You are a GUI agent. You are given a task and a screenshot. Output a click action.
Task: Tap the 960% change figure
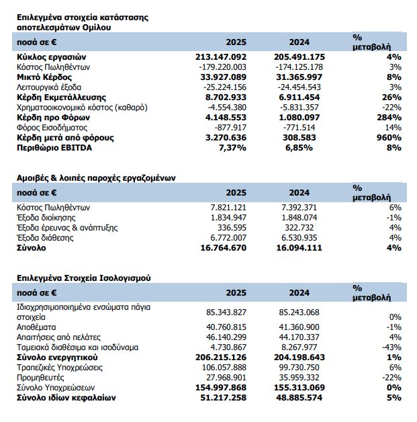pos(389,138)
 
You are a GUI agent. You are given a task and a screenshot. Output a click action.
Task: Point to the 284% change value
pos(389,118)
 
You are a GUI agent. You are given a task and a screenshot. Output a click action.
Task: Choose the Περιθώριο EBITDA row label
pos(52,148)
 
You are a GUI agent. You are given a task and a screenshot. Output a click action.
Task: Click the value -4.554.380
pos(228,108)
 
